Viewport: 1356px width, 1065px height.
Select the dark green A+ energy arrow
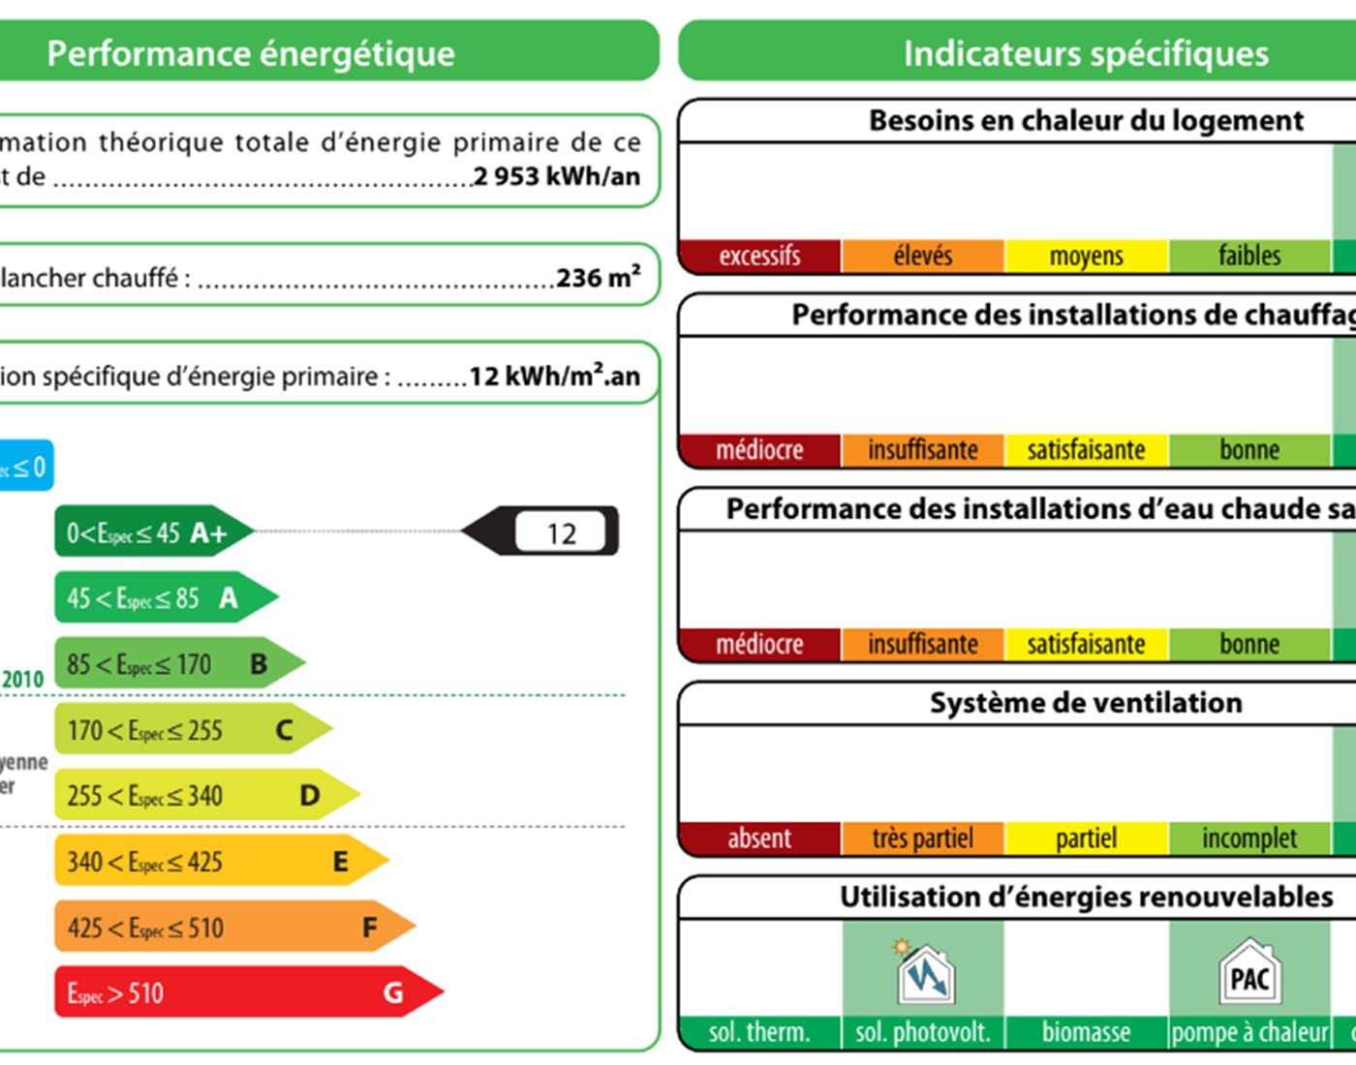point(150,532)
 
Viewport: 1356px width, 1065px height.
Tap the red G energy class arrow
point(242,992)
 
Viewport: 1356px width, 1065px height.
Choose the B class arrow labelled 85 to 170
point(174,663)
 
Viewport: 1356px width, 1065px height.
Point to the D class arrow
point(203,795)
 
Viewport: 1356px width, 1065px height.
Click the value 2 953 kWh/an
point(557,176)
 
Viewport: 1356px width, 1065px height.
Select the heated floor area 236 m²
point(598,278)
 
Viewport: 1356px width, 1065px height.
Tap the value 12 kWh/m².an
point(554,376)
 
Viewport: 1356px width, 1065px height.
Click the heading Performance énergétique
point(251,53)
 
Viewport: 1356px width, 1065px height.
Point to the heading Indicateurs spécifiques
point(1085,53)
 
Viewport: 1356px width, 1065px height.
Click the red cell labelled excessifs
point(759,256)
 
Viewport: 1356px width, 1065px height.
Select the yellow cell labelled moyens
point(1086,256)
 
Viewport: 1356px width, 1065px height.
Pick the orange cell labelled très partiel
point(922,837)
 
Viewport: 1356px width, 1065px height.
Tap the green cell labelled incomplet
point(1249,837)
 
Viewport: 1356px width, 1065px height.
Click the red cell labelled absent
point(759,837)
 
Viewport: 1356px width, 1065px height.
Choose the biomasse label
point(1086,1032)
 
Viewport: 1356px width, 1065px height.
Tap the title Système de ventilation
point(1085,702)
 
